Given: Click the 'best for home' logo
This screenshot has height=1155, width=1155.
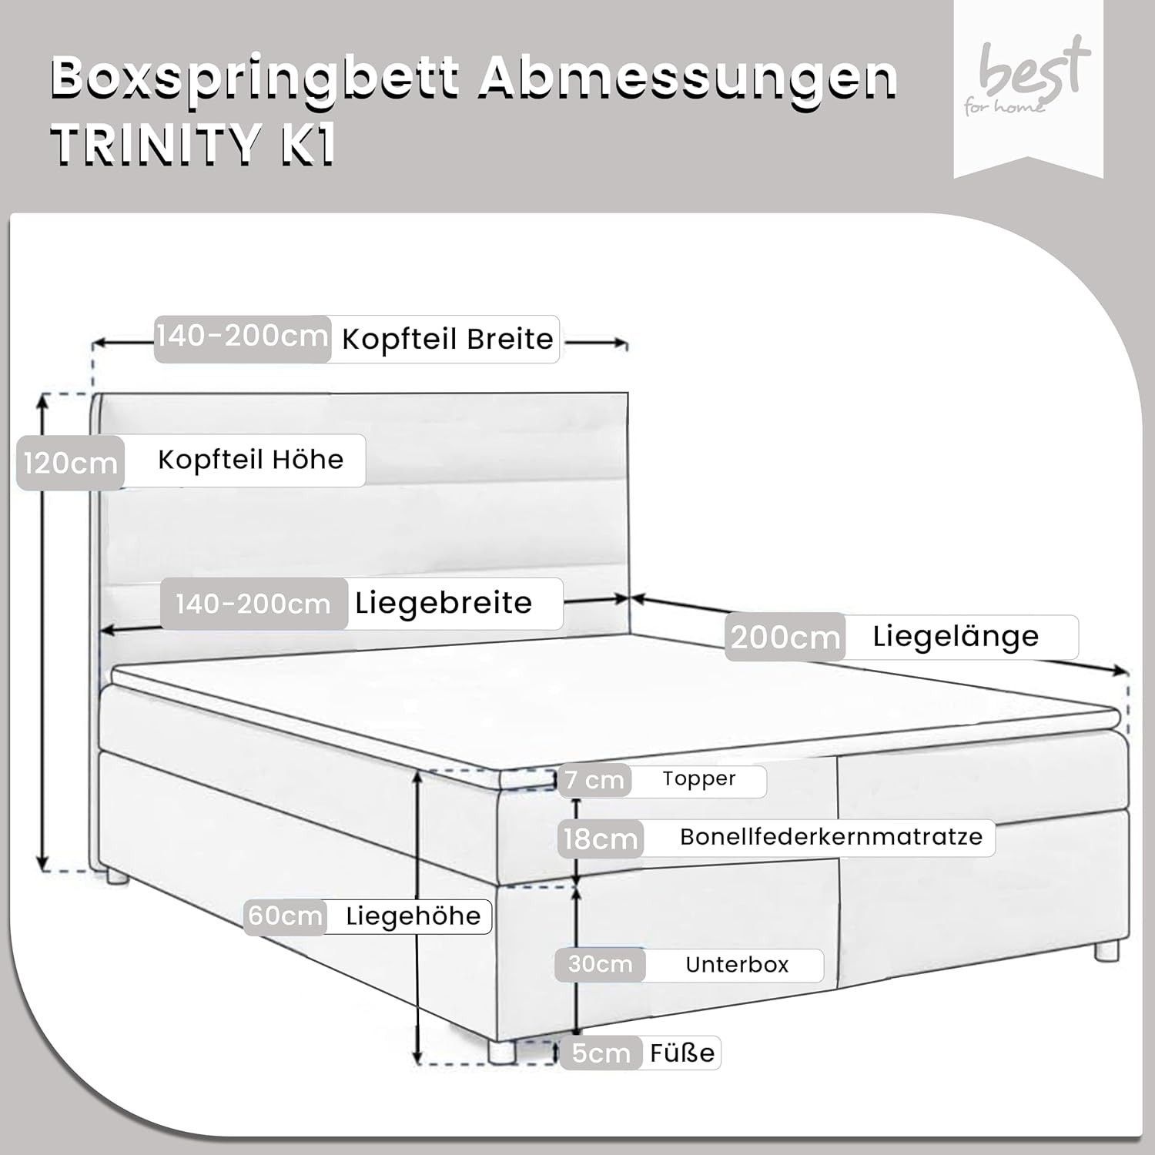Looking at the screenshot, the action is [1027, 77].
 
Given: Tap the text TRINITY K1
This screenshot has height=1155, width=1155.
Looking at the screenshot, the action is [193, 144].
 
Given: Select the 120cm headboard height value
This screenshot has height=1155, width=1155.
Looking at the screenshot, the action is [70, 464].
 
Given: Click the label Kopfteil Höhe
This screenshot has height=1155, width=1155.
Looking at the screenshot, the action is [250, 459].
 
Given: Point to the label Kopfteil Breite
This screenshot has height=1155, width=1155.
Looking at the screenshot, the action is [447, 339].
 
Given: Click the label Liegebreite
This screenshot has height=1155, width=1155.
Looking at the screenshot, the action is [444, 603].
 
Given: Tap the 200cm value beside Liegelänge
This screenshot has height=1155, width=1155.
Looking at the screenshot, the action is [785, 637].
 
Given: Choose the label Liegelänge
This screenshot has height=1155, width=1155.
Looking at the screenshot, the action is [956, 637].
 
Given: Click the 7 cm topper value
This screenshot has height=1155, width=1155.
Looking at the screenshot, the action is [594, 780].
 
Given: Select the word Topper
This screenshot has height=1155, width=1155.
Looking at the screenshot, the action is [699, 779].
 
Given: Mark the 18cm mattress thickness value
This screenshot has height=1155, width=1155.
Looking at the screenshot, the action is [601, 839].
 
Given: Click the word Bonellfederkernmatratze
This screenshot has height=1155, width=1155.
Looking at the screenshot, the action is [831, 837].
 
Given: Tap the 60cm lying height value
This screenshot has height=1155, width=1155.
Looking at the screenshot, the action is [285, 916].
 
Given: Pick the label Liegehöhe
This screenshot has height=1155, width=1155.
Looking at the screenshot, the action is [413, 916].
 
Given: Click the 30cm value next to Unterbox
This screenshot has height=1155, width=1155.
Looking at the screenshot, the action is [600, 964].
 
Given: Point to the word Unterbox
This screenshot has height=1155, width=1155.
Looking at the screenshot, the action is [737, 965].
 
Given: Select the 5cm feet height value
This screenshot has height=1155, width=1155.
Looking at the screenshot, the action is [601, 1053].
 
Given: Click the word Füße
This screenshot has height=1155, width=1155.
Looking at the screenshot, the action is [682, 1053].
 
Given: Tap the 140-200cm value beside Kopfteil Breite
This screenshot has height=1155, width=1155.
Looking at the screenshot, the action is [242, 336].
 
